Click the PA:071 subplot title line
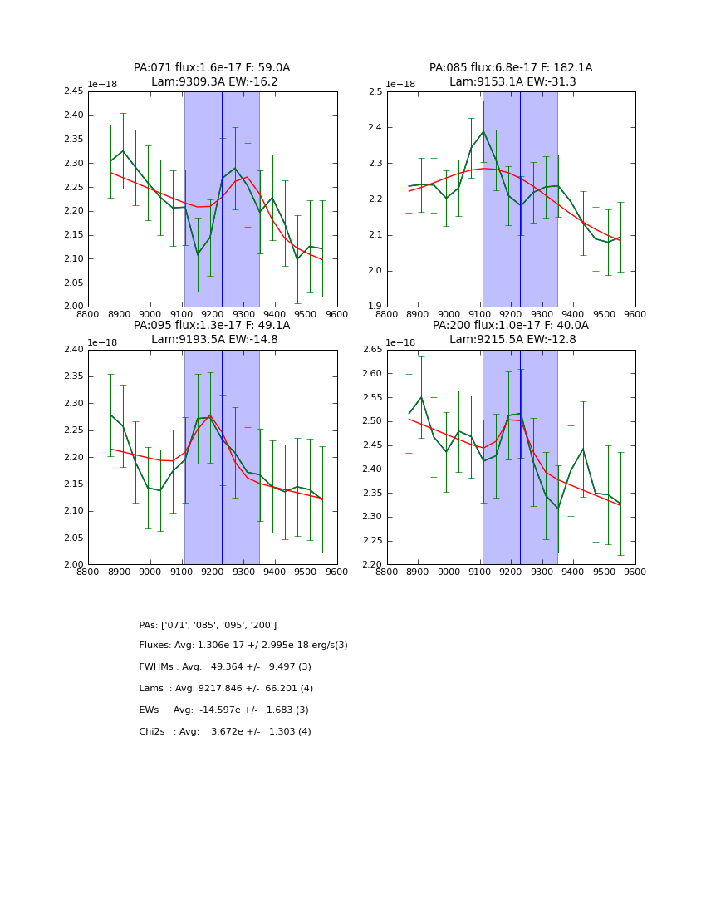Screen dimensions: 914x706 (x=212, y=68)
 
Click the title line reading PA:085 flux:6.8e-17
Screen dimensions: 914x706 (x=511, y=68)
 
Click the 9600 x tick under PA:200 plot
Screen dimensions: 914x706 (x=635, y=572)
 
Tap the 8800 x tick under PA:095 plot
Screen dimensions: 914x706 (x=88, y=572)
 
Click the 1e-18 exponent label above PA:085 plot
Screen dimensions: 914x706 (x=401, y=84)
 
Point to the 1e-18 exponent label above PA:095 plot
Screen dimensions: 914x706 (x=102, y=342)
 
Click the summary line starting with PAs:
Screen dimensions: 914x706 (x=208, y=625)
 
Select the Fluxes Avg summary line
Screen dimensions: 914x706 (x=243, y=646)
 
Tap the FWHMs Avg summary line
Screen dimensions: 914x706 (x=225, y=667)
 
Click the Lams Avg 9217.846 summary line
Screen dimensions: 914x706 (x=226, y=689)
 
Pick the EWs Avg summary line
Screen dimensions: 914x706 (x=224, y=710)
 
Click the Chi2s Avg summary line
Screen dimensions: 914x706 (x=225, y=732)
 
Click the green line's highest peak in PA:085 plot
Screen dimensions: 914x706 (x=483, y=131)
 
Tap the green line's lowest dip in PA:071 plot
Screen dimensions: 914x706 (x=198, y=254)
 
